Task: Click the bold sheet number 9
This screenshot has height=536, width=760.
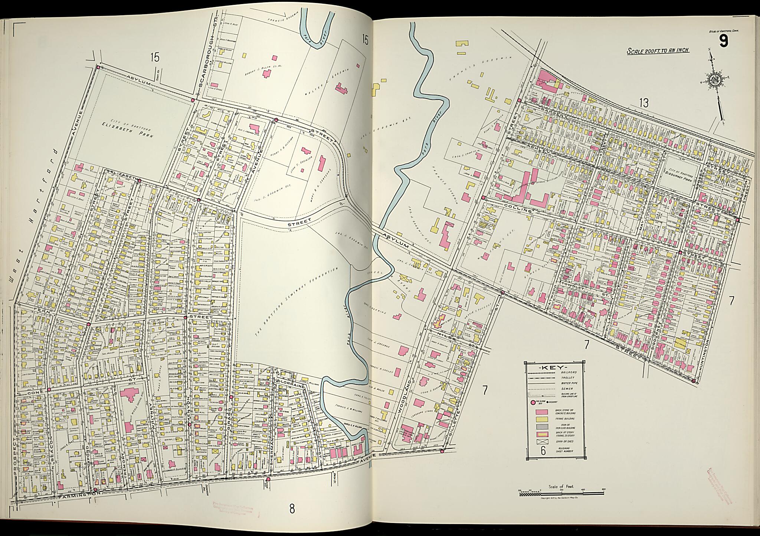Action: point(723,41)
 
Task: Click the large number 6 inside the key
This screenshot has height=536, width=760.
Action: point(543,451)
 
